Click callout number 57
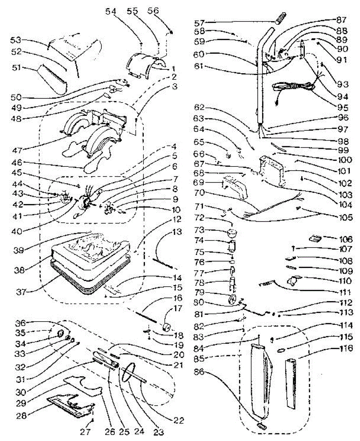tap(199, 23)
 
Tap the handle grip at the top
tap(280, 18)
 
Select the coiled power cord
tap(295, 88)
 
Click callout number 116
tap(346, 348)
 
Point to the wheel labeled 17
tap(167, 327)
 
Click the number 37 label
tap(21, 292)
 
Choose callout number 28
tap(21, 416)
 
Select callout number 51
tap(16, 68)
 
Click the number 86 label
tap(199, 372)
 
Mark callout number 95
tap(343, 108)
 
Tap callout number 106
tap(346, 239)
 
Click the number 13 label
tap(177, 232)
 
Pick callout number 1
tap(173, 68)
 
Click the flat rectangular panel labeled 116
tap(291, 384)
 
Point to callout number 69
tap(199, 182)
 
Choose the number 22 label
tap(178, 420)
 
